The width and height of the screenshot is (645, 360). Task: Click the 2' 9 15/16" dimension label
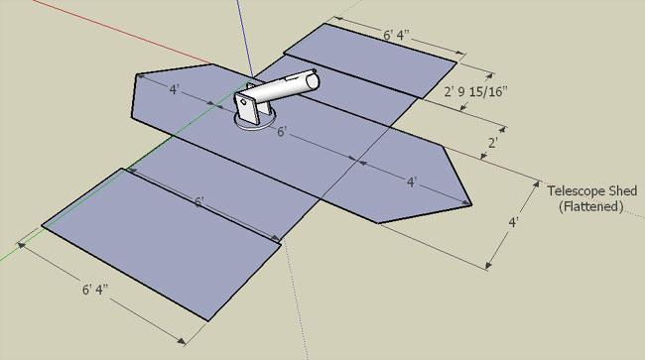pyautogui.click(x=474, y=91)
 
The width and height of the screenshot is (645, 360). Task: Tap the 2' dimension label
pyautogui.click(x=493, y=143)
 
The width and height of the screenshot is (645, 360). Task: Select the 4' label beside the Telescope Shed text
pyautogui.click(x=513, y=222)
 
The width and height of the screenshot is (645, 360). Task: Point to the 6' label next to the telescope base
pyautogui.click(x=282, y=132)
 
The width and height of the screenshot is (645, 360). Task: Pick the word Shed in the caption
pyautogui.click(x=623, y=190)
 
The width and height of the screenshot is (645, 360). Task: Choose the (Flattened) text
pyautogui.click(x=591, y=206)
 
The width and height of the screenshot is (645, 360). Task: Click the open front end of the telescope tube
pyautogui.click(x=313, y=80)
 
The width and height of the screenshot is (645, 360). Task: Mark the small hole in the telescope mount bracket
pyautogui.click(x=243, y=102)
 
